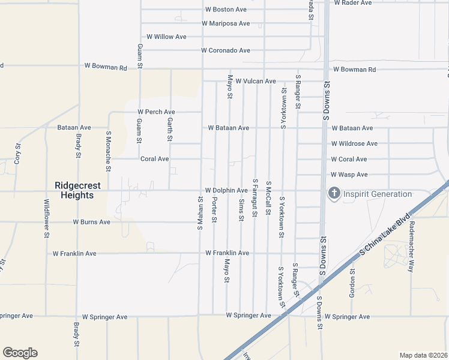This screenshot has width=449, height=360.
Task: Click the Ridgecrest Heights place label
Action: pyautogui.click(x=74, y=190)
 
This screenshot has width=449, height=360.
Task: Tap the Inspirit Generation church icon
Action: pyautogui.click(x=334, y=194)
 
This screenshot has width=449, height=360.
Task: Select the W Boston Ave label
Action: pyautogui.click(x=226, y=10)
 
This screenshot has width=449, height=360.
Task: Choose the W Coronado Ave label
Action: pyautogui.click(x=226, y=50)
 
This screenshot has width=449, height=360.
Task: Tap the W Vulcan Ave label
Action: pyautogui.click(x=255, y=81)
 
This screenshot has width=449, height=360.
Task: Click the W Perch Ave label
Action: pyautogui.click(x=156, y=112)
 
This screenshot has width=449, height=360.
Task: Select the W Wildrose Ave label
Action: pyautogui.click(x=354, y=143)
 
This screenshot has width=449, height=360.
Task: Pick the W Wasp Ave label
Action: pyautogui.click(x=349, y=175)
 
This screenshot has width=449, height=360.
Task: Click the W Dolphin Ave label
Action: pyautogui.click(x=226, y=190)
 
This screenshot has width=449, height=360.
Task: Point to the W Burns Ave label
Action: pyautogui.click(x=92, y=221)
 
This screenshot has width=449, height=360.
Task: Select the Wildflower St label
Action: pyautogui.click(x=46, y=219)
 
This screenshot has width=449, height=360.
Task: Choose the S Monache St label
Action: pyautogui.click(x=108, y=151)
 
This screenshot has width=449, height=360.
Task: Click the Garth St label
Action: pyautogui.click(x=170, y=130)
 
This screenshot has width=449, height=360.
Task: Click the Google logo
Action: pyautogui.click(x=20, y=353)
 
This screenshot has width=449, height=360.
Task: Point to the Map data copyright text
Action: pyautogui.click(x=423, y=355)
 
